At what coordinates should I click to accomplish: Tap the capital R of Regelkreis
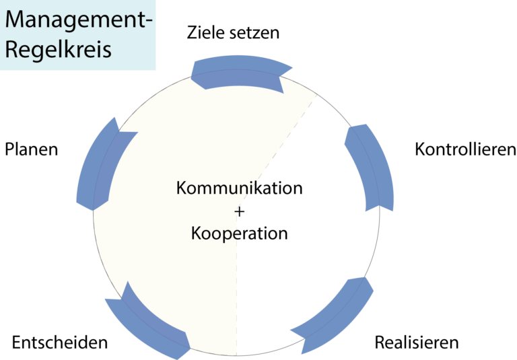point(11,50)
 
